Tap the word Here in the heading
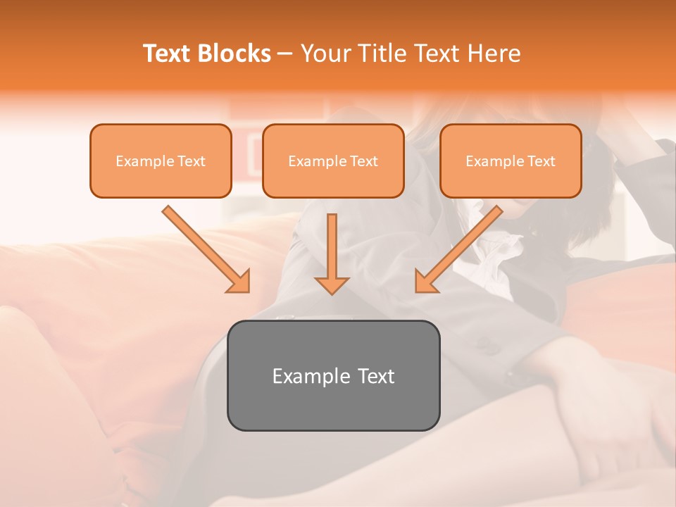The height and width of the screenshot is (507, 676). click(495, 54)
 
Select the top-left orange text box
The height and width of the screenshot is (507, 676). click(161, 161)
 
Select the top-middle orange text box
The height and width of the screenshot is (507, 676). click(333, 161)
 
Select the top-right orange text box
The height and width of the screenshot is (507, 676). click(511, 161)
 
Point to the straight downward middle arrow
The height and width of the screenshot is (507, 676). click(332, 246)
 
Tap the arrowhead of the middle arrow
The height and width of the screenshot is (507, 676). click(332, 284)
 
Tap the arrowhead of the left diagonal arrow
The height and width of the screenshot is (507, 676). click(239, 282)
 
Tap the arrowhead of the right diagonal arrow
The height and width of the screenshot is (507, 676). click(425, 282)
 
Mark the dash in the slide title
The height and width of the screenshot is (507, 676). click(286, 54)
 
